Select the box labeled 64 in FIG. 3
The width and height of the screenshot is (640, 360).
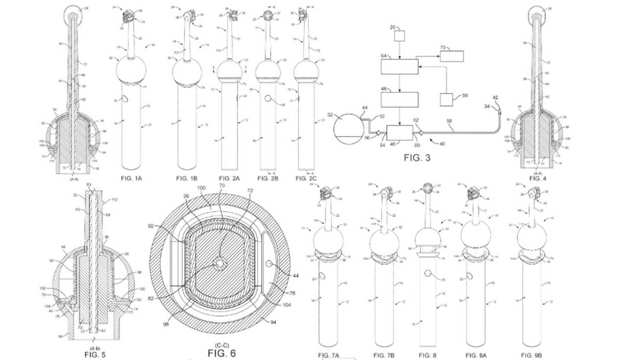coord(399,67)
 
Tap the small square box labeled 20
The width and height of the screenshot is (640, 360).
coord(399,36)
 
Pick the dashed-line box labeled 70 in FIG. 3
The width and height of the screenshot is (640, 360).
coord(452,57)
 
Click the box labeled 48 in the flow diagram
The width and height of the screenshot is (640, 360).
coord(399,99)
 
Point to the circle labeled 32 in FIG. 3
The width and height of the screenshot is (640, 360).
coord(350,129)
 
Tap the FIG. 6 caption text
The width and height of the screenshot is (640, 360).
coord(221,353)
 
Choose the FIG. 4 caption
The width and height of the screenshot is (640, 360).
coord(538,178)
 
